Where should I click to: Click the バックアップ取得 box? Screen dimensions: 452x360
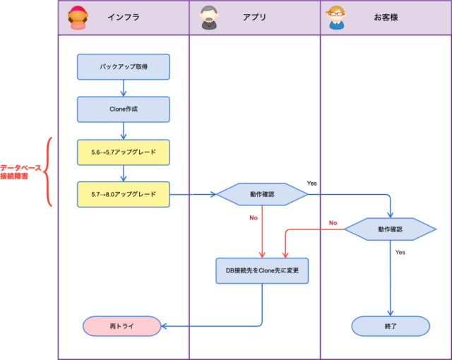tap(124, 67)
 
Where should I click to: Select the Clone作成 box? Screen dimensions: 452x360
tap(124, 109)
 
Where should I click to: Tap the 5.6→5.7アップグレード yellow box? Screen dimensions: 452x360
tap(124, 152)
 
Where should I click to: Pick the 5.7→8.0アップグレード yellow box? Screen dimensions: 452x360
tap(124, 194)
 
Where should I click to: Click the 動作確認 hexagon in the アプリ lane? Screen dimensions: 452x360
tap(262, 194)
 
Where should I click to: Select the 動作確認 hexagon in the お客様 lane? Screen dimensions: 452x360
tap(391, 229)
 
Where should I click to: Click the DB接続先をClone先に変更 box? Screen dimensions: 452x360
tap(262, 271)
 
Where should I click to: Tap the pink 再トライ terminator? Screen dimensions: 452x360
tap(122, 326)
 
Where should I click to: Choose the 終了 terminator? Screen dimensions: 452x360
tap(391, 326)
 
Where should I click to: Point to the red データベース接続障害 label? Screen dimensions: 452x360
tap(20, 172)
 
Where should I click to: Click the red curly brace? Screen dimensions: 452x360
tap(47, 172)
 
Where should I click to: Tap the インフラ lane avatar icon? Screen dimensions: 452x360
tap(78, 18)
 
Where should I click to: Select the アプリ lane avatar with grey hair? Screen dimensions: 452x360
tap(209, 18)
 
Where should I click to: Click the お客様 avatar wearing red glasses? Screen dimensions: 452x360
tap(336, 18)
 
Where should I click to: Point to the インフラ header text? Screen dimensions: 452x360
tap(124, 17)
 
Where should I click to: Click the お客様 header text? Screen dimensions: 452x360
tap(386, 17)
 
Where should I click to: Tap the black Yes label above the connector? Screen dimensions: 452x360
tap(312, 183)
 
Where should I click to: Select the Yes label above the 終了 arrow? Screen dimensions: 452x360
tap(400, 252)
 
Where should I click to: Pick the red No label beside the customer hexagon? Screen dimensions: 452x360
tap(333, 223)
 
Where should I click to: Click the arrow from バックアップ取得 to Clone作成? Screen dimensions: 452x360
tap(124, 88)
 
